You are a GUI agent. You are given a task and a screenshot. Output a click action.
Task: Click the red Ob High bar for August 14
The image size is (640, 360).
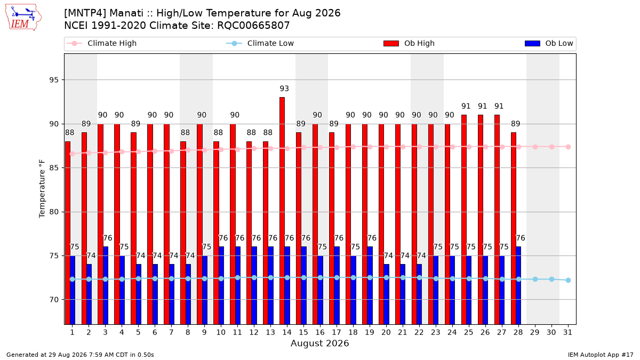click(282, 211)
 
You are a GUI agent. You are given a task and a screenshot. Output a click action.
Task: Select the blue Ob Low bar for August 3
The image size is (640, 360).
click(106, 285)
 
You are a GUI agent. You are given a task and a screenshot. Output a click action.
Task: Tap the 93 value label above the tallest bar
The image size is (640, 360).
click(284, 89)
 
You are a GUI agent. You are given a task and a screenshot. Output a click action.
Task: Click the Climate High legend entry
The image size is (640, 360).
click(101, 43)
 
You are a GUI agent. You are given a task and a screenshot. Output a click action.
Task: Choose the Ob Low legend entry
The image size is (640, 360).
click(549, 43)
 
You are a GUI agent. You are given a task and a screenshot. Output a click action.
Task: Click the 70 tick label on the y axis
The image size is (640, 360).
click(54, 300)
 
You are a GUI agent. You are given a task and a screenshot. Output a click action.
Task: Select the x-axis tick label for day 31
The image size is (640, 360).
click(567, 332)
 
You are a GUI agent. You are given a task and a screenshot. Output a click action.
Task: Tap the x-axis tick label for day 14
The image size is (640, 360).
click(287, 332)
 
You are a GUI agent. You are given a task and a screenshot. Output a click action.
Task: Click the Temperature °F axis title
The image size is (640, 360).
click(42, 189)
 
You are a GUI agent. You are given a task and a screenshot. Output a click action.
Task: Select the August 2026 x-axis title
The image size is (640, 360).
click(319, 343)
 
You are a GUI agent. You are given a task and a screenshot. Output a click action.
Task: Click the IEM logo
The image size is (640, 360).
click(23, 18)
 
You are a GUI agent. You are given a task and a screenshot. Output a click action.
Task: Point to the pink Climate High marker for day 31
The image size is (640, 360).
click(569, 147)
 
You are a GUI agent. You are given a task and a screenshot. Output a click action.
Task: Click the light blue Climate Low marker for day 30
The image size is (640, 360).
click(551, 279)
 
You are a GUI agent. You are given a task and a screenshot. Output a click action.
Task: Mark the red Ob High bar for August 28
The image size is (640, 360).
click(514, 229)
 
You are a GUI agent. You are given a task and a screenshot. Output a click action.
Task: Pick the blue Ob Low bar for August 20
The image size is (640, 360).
click(386, 294)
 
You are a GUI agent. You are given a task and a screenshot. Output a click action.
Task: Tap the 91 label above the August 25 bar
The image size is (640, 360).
click(466, 106)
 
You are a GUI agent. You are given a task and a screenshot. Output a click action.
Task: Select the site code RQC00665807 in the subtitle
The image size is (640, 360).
click(253, 26)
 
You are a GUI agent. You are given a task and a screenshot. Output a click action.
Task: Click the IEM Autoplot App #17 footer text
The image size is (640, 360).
click(601, 355)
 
